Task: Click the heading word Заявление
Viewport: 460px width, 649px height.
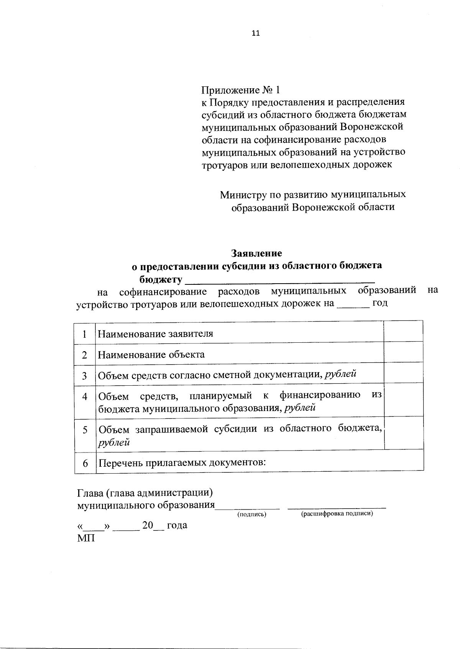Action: [256, 253]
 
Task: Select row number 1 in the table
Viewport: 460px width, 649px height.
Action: [84, 334]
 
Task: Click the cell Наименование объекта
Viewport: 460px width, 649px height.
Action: [151, 355]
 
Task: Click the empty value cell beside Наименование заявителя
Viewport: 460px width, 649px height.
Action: [403, 332]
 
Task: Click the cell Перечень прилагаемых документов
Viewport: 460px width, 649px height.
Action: [182, 462]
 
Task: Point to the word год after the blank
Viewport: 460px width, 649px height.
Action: [379, 303]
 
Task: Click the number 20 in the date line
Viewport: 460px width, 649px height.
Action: [148, 525]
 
